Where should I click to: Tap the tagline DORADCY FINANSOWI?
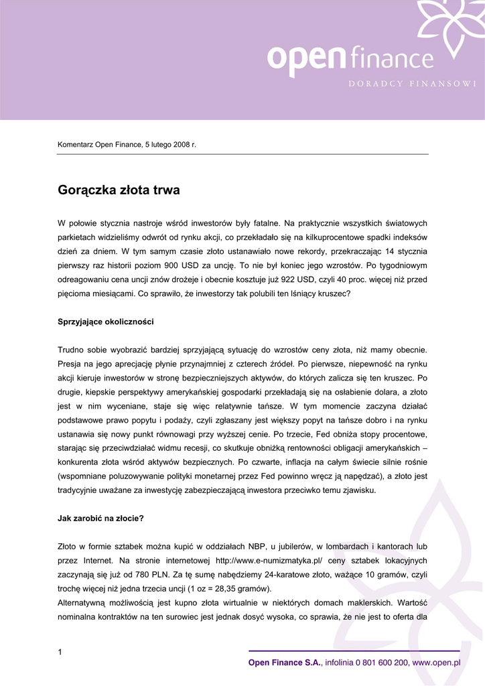tap(412, 84)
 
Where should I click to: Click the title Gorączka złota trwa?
tap(119, 190)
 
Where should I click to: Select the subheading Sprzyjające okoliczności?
tap(106, 322)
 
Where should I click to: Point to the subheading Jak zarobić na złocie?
tap(100, 519)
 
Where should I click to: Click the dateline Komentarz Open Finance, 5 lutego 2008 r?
tap(127, 145)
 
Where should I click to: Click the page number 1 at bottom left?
tap(60, 653)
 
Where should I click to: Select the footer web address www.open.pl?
tap(436, 663)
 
